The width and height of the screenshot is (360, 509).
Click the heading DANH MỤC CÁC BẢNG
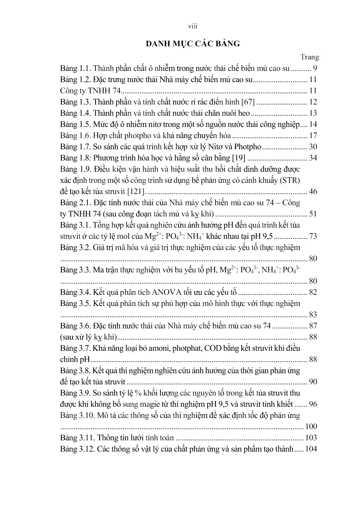click(x=193, y=44)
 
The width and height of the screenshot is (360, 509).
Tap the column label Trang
click(x=310, y=57)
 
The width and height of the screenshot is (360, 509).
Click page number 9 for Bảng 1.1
click(x=315, y=68)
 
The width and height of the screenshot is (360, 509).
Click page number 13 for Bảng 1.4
click(x=313, y=113)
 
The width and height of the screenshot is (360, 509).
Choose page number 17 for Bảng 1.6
click(x=313, y=136)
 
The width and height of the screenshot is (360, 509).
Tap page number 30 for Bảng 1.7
click(x=313, y=147)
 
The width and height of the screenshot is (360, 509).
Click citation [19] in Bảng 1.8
click(x=239, y=158)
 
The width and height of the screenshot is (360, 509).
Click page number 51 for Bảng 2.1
click(x=313, y=214)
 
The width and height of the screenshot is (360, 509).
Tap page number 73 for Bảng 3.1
click(x=313, y=236)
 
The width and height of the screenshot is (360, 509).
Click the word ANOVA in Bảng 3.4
click(x=167, y=292)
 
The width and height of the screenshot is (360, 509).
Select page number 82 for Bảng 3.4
click(x=313, y=292)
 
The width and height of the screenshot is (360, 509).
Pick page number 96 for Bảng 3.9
click(x=313, y=404)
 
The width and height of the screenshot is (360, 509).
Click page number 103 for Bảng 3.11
click(x=311, y=438)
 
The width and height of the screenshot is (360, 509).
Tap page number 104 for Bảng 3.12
click(x=311, y=449)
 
